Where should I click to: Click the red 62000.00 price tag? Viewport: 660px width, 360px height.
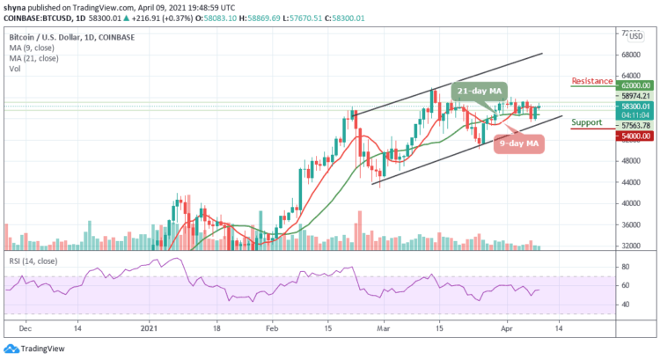click(634, 86)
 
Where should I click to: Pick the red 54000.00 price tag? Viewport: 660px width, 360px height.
click(634, 136)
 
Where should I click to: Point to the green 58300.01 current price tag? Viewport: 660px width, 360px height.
click(634, 106)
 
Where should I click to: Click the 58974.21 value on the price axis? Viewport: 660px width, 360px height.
click(634, 96)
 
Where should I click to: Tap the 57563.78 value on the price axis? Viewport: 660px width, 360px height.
click(634, 125)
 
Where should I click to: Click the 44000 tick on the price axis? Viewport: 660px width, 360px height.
click(628, 182)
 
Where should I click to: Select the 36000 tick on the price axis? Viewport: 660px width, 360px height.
click(628, 224)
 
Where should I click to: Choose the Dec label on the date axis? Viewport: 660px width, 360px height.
click(26, 327)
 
